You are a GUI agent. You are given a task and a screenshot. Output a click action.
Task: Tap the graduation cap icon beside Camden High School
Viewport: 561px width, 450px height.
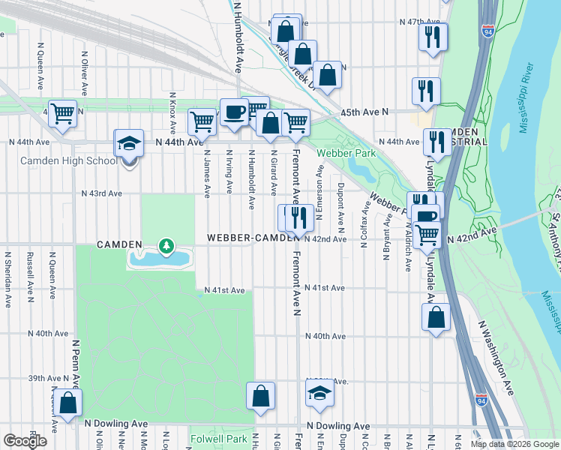[x=129, y=142]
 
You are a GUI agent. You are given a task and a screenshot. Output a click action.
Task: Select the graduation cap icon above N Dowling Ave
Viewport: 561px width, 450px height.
[x=319, y=394]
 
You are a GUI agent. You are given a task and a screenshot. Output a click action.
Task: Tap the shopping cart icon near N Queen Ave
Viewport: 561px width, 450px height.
[x=62, y=114]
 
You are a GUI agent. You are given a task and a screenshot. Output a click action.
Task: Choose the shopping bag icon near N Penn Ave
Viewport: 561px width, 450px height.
[x=67, y=403]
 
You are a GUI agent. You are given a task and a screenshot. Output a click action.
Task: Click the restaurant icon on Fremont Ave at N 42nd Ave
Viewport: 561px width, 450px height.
[x=299, y=217]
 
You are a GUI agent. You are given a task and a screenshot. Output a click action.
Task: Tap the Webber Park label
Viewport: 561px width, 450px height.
[x=345, y=153]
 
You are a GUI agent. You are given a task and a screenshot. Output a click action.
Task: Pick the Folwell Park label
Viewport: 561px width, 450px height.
[x=218, y=439]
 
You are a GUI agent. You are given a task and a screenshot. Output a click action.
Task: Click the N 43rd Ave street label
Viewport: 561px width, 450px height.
[x=102, y=193]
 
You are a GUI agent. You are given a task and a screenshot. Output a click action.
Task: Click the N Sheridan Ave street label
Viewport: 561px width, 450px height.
[x=7, y=270]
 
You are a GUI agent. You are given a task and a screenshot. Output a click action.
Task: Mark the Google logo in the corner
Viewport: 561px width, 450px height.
[x=25, y=440]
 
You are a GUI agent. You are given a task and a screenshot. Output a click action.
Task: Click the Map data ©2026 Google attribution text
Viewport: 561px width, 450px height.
[x=514, y=444]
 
